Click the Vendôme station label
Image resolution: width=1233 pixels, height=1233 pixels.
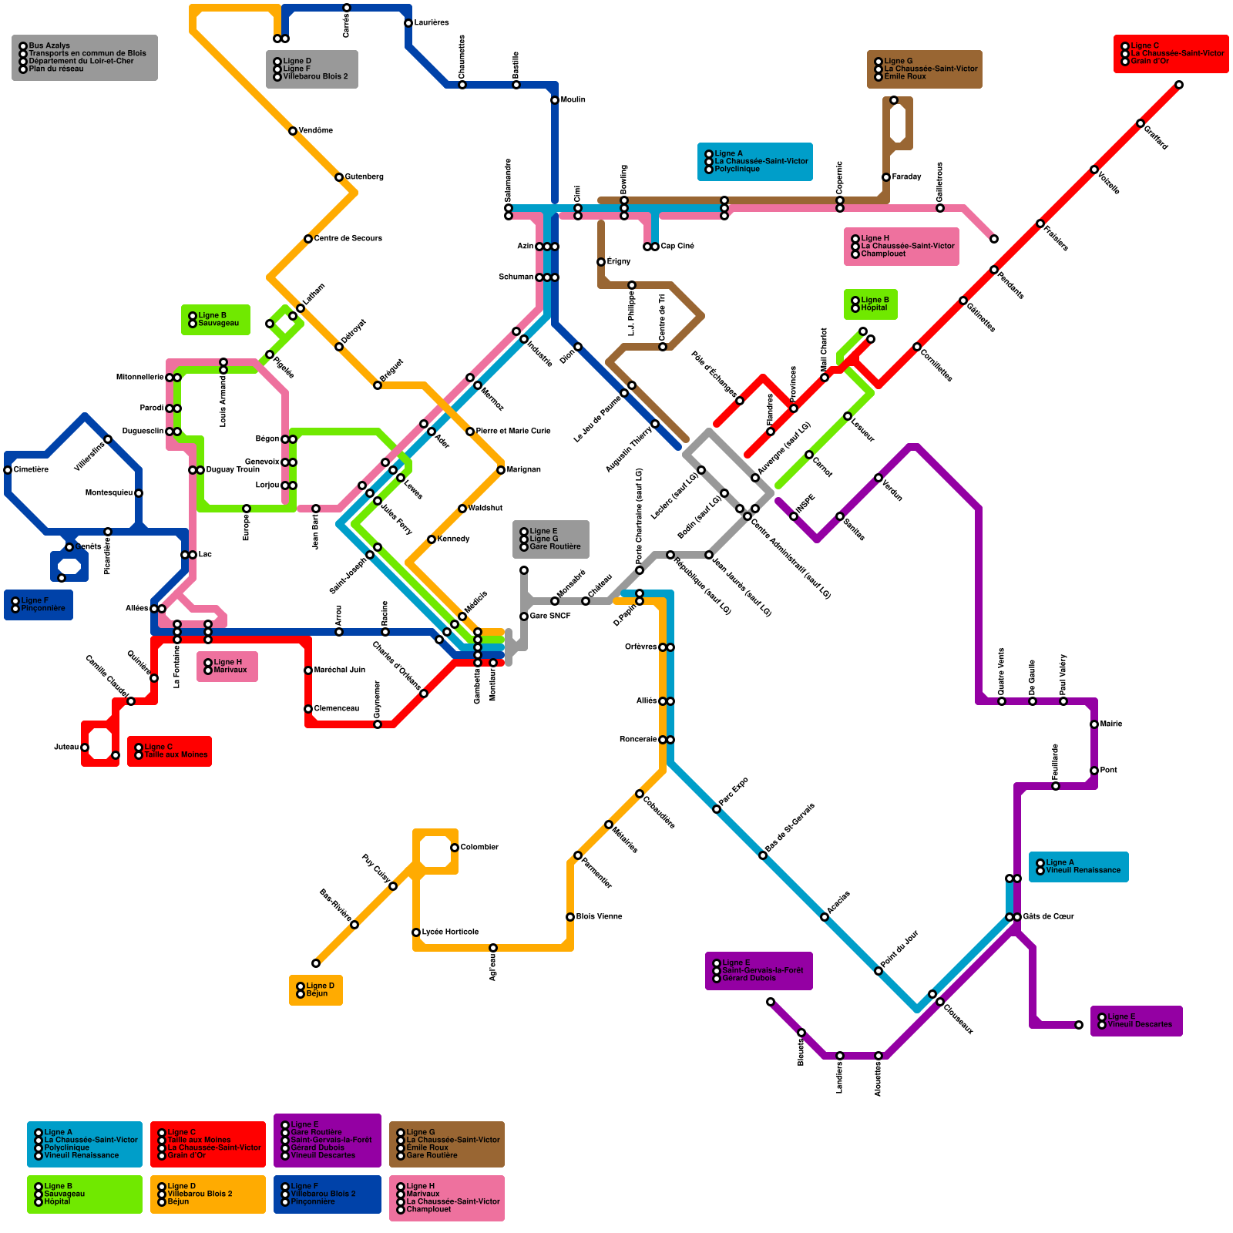316,130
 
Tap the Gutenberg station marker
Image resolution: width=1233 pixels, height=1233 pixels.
339,177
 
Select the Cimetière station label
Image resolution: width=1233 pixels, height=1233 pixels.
32,469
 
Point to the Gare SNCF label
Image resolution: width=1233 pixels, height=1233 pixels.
550,616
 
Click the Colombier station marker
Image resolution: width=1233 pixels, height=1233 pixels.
455,848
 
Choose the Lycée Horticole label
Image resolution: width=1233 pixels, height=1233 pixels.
450,932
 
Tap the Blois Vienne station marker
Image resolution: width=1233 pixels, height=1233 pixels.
570,917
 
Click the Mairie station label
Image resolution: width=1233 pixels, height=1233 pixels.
1111,724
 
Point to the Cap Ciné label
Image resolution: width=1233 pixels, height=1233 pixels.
677,246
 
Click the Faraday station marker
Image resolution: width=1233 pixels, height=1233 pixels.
886,177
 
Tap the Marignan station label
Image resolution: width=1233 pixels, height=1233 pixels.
524,469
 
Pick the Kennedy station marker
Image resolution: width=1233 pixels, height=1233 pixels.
432,539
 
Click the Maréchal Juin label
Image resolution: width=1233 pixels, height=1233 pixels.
340,670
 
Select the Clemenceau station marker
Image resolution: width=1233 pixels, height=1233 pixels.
308,709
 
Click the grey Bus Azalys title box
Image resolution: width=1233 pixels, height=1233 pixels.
85,58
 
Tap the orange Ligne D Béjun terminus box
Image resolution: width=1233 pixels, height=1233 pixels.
316,989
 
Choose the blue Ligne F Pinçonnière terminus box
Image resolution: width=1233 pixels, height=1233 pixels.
39,604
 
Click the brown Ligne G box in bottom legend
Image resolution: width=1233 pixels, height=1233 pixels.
447,1144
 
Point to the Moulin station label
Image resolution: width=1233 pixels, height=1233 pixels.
573,99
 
